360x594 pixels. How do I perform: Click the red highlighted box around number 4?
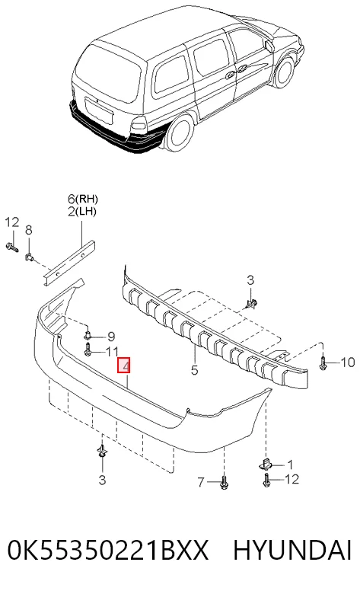click(124, 365)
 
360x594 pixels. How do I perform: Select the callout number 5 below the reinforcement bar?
click(194, 370)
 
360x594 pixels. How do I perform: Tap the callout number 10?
click(348, 362)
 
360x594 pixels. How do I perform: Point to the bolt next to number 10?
click(323, 362)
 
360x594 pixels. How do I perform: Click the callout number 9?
click(111, 336)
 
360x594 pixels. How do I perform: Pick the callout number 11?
click(112, 352)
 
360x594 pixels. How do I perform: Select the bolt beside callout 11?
click(88, 350)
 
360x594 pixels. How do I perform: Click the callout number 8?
click(29, 229)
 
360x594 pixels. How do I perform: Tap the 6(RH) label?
click(82, 199)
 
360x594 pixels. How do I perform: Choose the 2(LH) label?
click(82, 212)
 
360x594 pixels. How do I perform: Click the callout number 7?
click(201, 482)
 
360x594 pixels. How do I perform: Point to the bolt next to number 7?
click(224, 483)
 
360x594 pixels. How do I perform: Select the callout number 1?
click(290, 465)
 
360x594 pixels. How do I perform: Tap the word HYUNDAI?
click(292, 550)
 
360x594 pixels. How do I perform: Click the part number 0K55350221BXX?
click(108, 550)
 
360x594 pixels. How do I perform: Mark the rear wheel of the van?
click(179, 131)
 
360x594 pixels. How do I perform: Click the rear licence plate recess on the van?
click(99, 110)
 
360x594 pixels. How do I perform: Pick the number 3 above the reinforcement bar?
click(250, 280)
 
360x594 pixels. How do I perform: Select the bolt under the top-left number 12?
click(12, 247)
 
